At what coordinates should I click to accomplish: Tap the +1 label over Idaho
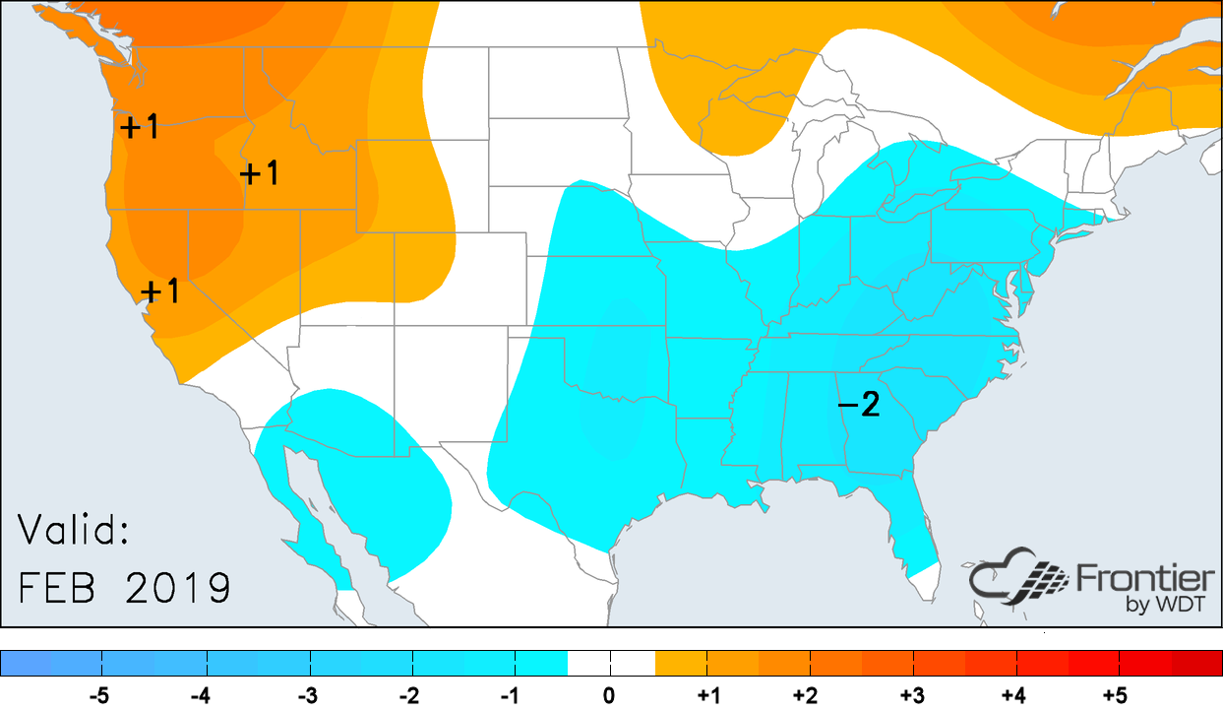pos(260,173)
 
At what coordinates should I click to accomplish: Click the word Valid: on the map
pos(75,531)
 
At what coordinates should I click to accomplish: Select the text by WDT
pos(1168,605)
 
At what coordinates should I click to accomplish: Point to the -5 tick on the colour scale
pos(99,696)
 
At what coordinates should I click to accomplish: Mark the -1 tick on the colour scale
pos(509,696)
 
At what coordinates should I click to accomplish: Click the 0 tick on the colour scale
pos(610,696)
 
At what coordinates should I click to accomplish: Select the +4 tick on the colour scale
pos(1013,696)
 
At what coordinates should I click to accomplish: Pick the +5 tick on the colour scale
pos(1114,696)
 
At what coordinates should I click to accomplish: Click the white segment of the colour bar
pos(611,663)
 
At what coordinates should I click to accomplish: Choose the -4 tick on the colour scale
pos(201,696)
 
